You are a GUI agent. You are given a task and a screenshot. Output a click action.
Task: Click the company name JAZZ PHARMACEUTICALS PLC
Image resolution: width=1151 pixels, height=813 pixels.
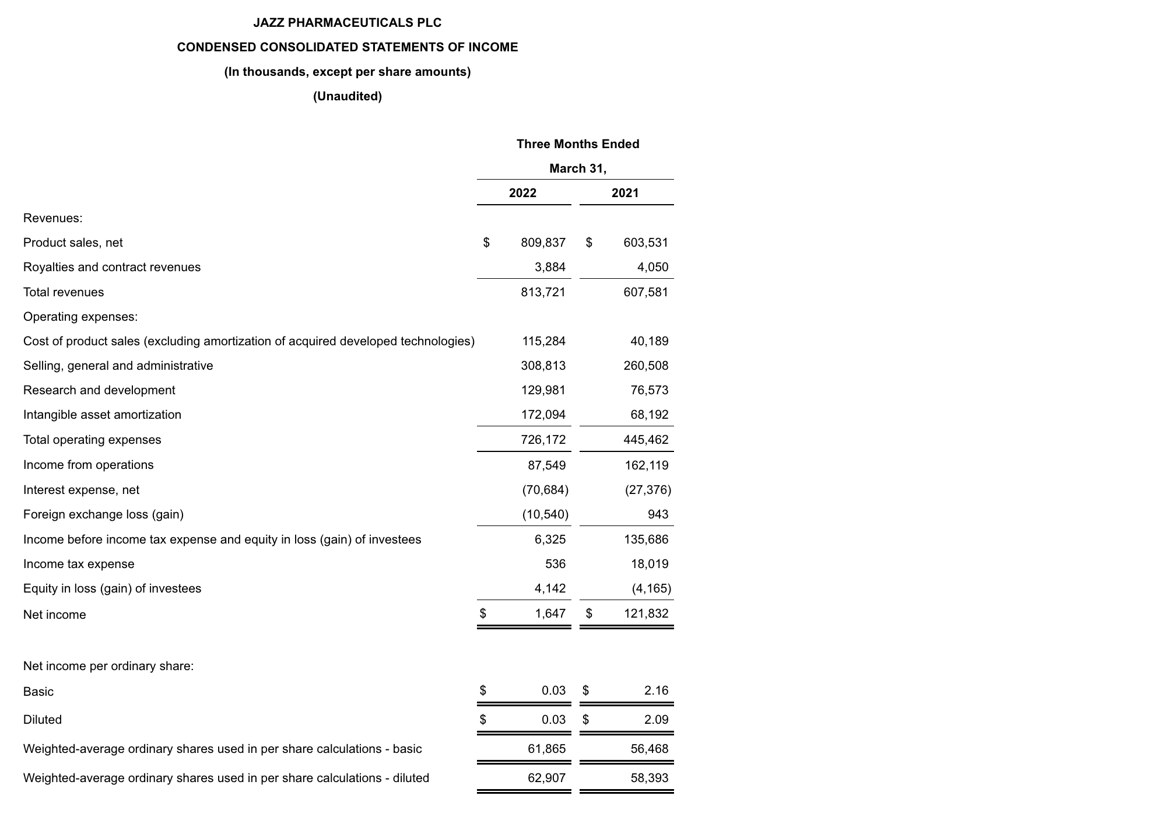click(x=347, y=23)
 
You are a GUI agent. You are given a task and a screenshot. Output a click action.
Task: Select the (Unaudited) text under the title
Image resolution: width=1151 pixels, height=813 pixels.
click(x=347, y=96)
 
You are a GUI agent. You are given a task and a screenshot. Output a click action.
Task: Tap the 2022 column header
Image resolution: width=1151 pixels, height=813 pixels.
click(x=522, y=193)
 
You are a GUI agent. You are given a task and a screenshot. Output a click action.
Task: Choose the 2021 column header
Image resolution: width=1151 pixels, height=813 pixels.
click(x=625, y=193)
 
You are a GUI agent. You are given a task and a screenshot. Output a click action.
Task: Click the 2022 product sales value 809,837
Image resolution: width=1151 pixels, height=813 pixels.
click(x=543, y=243)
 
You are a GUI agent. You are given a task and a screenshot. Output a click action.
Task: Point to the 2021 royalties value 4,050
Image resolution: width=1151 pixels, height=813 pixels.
click(x=652, y=267)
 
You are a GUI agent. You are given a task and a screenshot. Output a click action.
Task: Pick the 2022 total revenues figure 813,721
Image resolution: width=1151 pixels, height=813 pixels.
click(x=543, y=292)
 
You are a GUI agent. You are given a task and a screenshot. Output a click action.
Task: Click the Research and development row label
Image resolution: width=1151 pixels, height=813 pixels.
click(x=99, y=390)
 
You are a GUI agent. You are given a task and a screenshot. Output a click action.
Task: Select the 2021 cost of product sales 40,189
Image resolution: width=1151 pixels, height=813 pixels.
click(x=649, y=341)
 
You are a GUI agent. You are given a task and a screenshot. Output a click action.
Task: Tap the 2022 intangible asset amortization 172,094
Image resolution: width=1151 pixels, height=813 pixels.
click(x=543, y=415)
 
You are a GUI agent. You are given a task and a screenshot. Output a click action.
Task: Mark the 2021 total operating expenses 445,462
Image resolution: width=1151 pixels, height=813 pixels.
click(x=646, y=440)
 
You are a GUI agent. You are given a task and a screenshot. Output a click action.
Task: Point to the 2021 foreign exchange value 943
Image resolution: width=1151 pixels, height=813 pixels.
click(x=658, y=514)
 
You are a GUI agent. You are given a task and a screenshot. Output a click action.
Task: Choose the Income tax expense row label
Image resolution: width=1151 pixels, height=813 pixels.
click(x=79, y=564)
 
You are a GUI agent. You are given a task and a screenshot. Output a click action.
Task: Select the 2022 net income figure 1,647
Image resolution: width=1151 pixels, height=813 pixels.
click(x=550, y=614)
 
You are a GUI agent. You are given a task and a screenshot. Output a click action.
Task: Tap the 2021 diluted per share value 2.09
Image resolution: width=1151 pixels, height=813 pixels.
click(x=656, y=720)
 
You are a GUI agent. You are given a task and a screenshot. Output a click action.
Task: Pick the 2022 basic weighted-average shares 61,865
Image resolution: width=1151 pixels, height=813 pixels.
click(x=546, y=749)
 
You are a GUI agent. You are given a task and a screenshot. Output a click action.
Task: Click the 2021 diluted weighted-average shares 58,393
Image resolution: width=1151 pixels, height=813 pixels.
click(x=649, y=778)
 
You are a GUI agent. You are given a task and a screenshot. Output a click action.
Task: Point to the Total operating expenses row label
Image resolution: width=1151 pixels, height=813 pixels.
click(x=92, y=440)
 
